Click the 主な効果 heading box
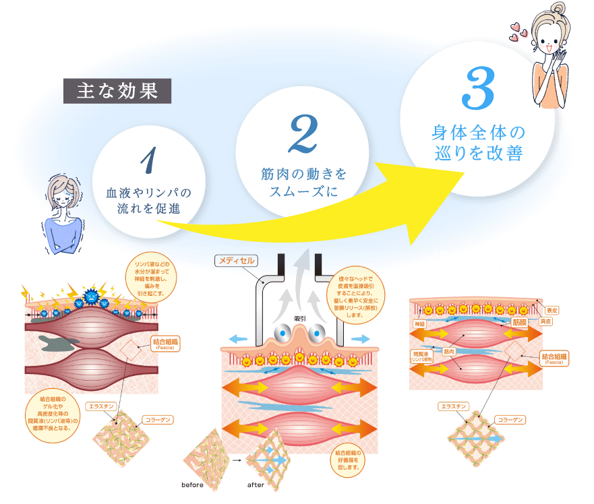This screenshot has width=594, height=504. [x=117, y=90]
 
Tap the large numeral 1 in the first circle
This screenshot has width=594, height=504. [x=149, y=160]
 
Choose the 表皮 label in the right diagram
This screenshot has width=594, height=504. [x=551, y=310]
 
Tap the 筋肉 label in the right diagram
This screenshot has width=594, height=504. [x=449, y=351]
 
